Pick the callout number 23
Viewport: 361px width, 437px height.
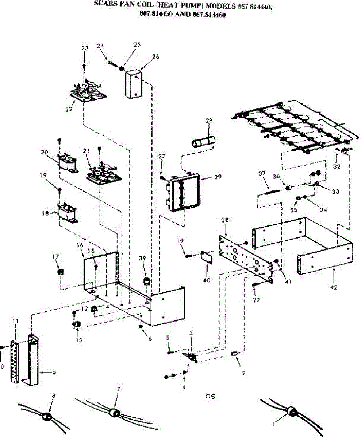85,48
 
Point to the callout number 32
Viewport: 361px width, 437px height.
337,166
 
